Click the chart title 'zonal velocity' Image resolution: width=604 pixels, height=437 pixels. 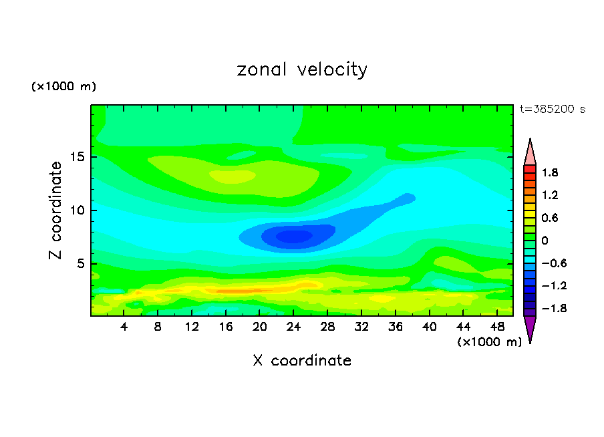point(302,70)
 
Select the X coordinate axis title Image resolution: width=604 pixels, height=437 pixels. point(302,361)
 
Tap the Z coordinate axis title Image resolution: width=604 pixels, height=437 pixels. point(56,210)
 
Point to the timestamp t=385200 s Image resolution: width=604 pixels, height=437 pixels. point(552,110)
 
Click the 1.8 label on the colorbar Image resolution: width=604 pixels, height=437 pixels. point(550,172)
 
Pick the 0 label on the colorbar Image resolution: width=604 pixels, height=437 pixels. point(545,240)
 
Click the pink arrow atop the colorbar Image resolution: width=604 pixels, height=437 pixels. point(530,152)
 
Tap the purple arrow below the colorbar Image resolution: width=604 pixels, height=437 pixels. point(530,328)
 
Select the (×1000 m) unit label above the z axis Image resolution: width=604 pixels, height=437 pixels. point(63,87)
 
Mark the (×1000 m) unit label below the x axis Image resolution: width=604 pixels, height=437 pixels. point(489,342)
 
